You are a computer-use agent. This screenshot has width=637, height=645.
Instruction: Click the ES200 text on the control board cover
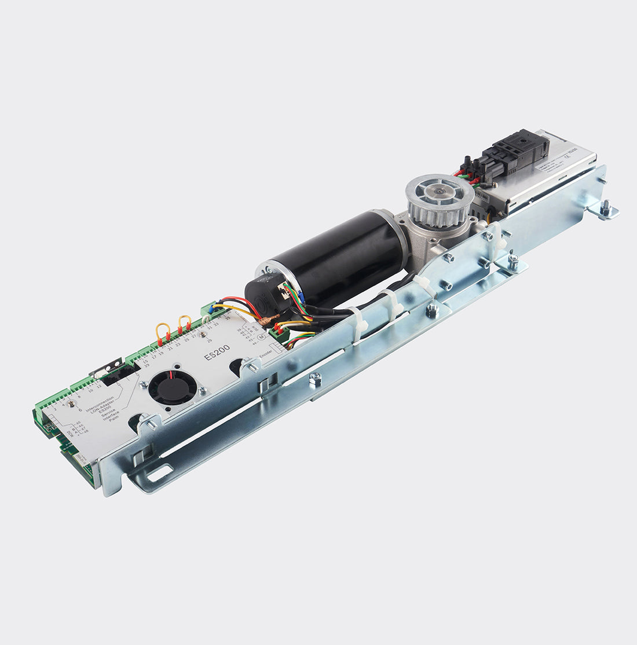[217, 352]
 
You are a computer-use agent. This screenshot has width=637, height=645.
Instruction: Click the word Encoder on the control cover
[266, 352]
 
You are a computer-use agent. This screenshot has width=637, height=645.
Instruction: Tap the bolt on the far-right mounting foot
[605, 207]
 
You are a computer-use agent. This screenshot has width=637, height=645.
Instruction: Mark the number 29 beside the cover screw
[209, 340]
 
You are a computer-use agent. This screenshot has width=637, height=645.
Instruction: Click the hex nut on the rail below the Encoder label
[315, 379]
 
